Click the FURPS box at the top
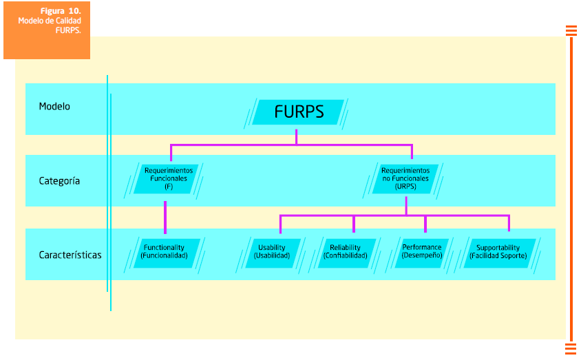click(298, 112)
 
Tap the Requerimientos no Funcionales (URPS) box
click(405, 178)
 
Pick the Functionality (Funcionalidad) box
click(164, 252)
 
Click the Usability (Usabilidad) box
click(272, 252)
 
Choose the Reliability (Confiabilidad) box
click(346, 252)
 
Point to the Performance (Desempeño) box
click(422, 252)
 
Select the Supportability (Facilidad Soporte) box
click(498, 252)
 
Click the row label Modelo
click(54, 107)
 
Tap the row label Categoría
click(59, 181)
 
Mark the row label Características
click(70, 255)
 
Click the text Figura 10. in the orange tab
click(61, 11)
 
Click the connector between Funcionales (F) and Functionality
click(165, 217)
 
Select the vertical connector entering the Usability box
click(280, 224)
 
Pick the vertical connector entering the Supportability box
click(509, 224)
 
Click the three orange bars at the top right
click(571, 30)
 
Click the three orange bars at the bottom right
click(571, 348)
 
